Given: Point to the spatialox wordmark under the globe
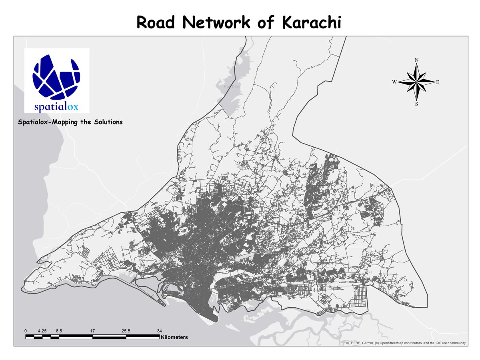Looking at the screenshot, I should (56, 107).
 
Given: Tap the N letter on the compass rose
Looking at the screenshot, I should (416, 60).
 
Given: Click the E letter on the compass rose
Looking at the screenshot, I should (438, 82).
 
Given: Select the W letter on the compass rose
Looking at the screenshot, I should (394, 82).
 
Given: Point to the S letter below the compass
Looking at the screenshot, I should (416, 104).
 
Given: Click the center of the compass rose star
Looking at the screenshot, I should (416, 82).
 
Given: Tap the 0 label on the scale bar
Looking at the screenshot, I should (26, 331).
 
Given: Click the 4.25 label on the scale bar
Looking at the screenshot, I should (42, 331).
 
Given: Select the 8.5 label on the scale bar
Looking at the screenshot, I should (59, 331).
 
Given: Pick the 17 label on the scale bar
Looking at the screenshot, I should (92, 331).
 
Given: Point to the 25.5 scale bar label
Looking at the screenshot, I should (126, 331).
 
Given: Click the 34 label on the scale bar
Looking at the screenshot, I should (159, 331).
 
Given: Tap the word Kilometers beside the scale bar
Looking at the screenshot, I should (174, 338).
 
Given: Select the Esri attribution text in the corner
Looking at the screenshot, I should (404, 343).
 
